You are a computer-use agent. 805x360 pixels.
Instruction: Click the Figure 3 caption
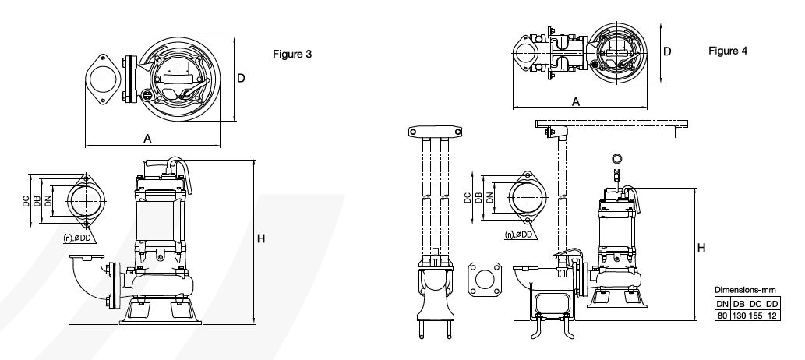click(x=292, y=54)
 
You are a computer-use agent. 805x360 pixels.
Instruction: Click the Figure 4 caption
click(x=728, y=51)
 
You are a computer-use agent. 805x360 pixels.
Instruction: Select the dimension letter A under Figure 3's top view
click(x=147, y=138)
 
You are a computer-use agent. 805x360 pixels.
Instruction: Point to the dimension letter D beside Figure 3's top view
click(x=241, y=78)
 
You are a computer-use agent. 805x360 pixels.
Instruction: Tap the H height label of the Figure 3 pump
click(x=261, y=238)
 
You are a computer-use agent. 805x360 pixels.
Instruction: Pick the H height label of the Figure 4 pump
click(x=701, y=248)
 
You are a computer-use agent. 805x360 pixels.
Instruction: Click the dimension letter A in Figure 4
click(x=576, y=101)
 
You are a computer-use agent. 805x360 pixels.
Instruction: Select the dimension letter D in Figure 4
click(x=667, y=51)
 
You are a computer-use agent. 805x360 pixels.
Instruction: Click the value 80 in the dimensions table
click(x=722, y=316)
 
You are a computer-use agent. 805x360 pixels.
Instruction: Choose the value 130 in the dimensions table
click(x=739, y=316)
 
